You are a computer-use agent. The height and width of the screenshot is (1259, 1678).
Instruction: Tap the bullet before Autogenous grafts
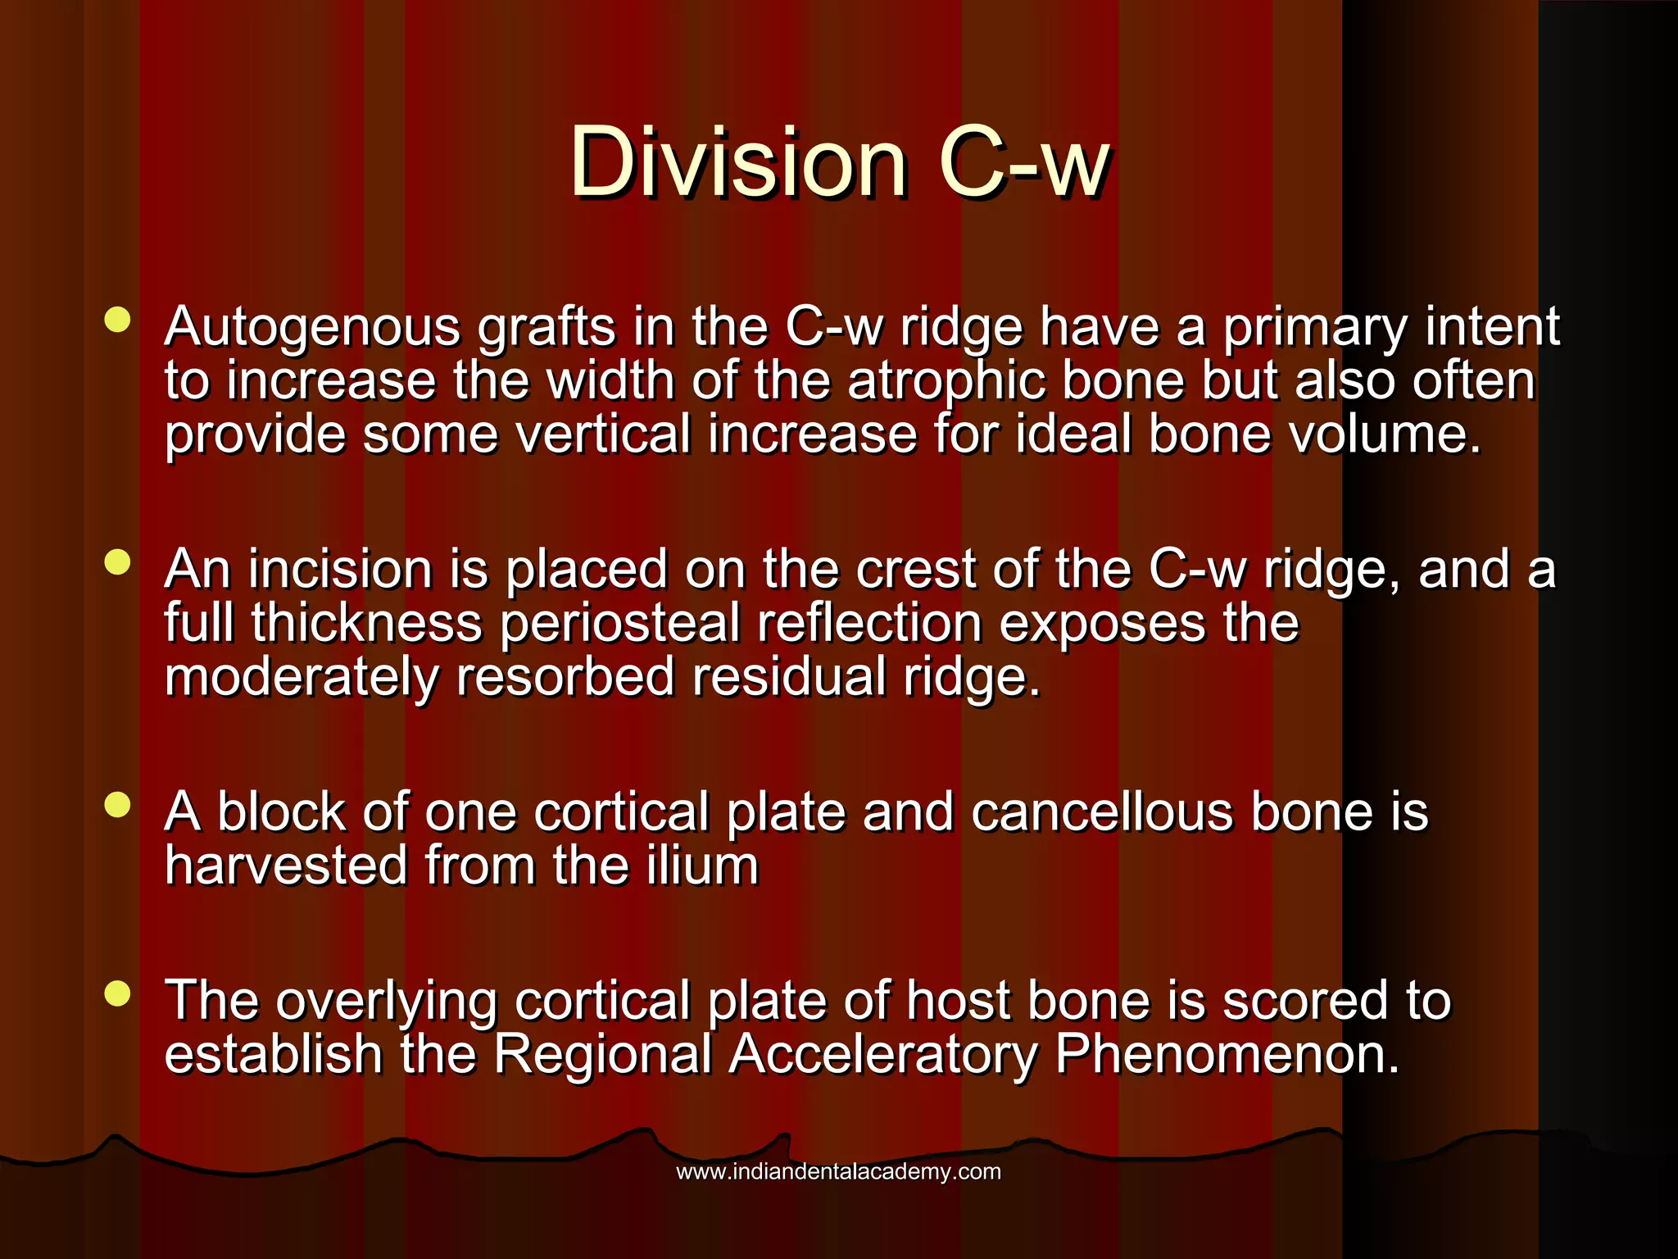[x=118, y=320]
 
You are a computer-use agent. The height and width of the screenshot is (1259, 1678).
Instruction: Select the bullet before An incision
[x=118, y=563]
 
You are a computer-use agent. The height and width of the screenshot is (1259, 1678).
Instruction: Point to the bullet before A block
[x=118, y=805]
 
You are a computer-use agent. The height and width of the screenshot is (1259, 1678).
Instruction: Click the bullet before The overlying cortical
[x=118, y=994]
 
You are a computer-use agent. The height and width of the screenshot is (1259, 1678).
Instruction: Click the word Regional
[x=602, y=1054]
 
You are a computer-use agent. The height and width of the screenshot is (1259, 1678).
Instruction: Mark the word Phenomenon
[x=1227, y=1054]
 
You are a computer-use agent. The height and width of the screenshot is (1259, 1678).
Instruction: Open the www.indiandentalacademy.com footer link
[x=838, y=1171]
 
